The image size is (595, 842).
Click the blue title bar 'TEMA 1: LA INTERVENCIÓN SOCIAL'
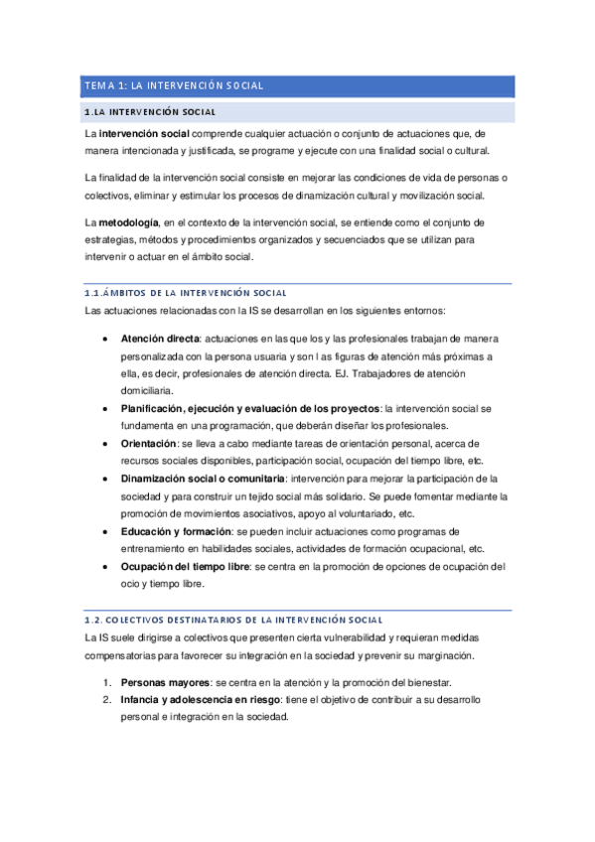click(297, 86)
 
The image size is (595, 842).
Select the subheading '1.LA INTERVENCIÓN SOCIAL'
click(152, 112)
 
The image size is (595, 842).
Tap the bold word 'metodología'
click(128, 219)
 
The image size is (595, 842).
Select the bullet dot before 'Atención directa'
click(106, 338)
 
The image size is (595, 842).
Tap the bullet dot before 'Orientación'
click(106, 444)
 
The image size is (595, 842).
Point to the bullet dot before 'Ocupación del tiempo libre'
click(106, 567)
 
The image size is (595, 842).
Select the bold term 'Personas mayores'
click(164, 682)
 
